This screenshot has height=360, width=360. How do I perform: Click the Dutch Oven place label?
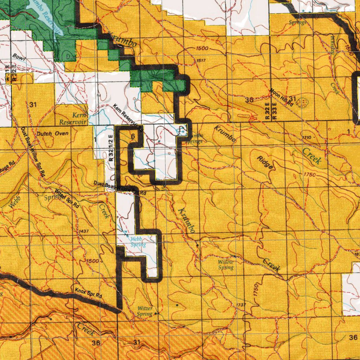click(x=53, y=134)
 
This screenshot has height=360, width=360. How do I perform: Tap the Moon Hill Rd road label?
click(x=282, y=97)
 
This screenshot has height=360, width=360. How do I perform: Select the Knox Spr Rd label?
click(x=88, y=293)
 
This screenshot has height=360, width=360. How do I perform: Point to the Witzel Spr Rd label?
click(x=67, y=199)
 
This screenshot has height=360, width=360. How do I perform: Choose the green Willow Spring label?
click(x=226, y=265)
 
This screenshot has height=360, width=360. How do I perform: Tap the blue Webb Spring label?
click(x=138, y=242)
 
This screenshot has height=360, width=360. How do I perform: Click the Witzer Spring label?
click(x=144, y=311)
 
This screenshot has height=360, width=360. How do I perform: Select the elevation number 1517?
click(x=201, y=61)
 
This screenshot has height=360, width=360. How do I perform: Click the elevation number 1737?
click(x=241, y=304)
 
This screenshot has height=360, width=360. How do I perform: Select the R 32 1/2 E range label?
click(x=111, y=148)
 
